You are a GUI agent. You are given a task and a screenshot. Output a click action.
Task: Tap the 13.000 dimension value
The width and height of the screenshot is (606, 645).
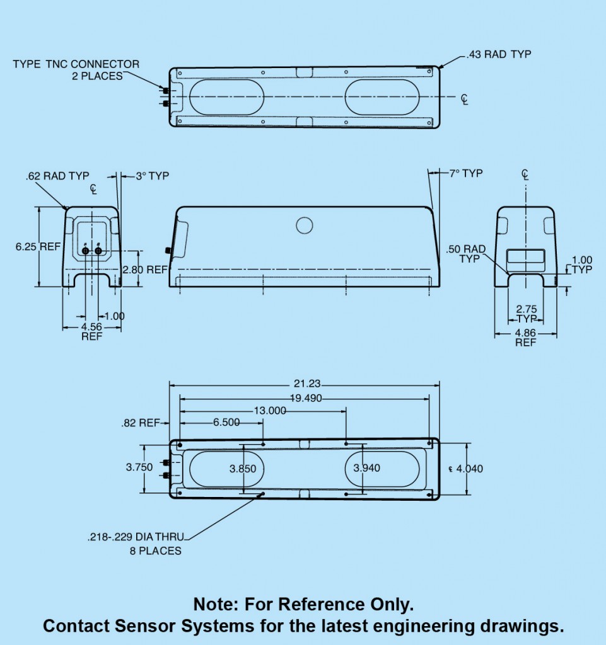point(269,411)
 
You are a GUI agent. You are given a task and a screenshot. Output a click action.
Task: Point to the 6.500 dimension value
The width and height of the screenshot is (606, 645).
point(226,423)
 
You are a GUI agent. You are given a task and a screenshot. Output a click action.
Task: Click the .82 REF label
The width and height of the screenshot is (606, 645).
point(141,423)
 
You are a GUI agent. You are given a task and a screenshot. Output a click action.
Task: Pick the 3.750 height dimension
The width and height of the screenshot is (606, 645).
point(139,467)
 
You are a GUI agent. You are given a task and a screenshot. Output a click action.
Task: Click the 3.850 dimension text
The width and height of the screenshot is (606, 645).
point(243,468)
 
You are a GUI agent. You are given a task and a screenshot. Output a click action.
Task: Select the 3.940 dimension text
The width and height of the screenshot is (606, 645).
point(367,468)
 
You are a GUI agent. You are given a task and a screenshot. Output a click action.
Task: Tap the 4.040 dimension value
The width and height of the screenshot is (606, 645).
point(469,469)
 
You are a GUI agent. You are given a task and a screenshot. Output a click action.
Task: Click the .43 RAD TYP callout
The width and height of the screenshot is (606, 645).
point(499,55)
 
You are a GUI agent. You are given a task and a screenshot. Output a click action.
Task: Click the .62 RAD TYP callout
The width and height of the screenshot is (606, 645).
point(57,176)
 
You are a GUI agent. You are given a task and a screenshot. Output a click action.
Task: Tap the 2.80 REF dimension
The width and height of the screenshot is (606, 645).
point(145,270)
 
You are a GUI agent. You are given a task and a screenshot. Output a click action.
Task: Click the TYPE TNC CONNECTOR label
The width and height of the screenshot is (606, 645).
point(76,64)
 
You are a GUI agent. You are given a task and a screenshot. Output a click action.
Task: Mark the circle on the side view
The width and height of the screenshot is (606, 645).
point(305,225)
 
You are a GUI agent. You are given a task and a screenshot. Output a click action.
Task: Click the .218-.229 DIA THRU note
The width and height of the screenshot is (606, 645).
point(136,537)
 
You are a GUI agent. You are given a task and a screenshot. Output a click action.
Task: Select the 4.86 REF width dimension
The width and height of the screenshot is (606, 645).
point(525,337)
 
